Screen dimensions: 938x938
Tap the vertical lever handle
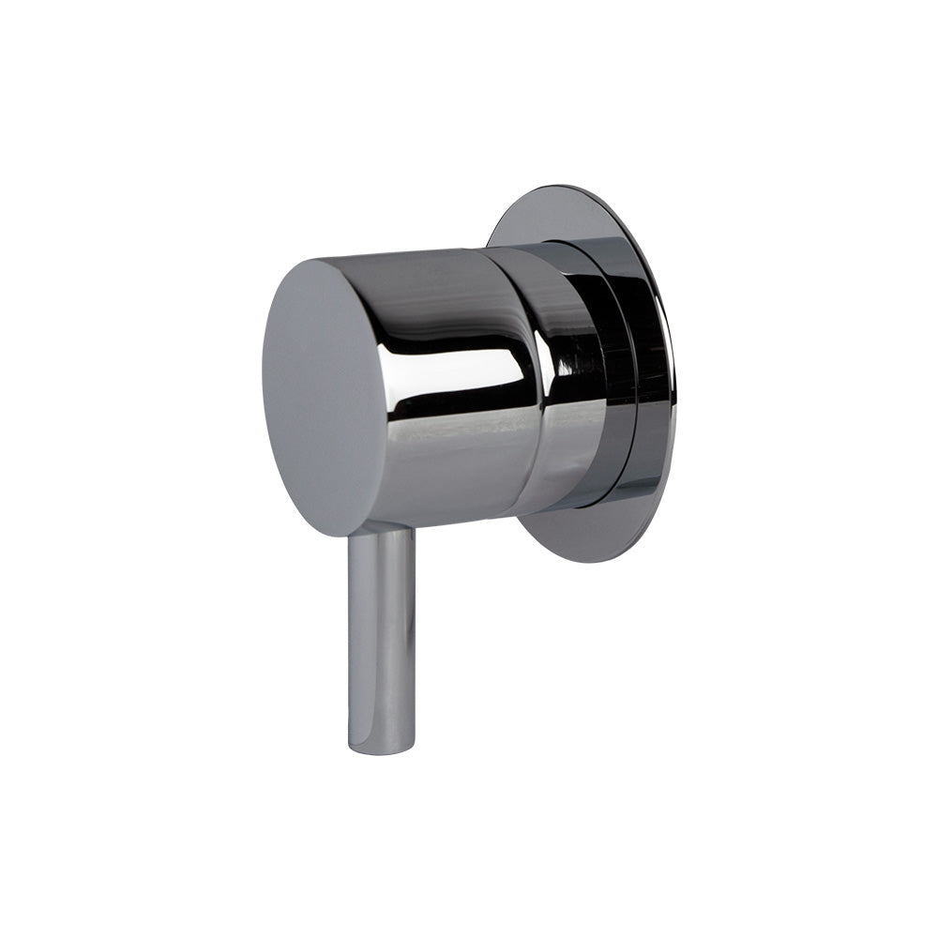coord(381,638)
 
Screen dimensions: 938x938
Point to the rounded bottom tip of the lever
coord(381,748)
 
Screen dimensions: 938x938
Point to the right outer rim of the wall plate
coord(668,375)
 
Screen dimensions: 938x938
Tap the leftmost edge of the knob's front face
coord(265,394)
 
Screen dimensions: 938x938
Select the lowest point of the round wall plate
coord(591,562)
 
